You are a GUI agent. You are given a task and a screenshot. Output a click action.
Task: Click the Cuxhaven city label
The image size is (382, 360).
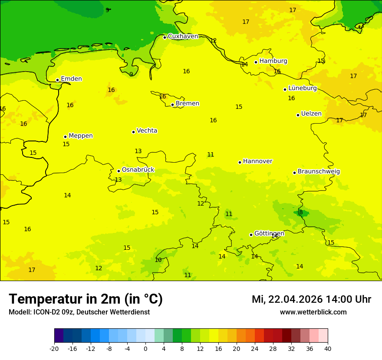[x=183, y=36]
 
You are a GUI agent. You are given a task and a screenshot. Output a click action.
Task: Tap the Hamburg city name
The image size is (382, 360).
[x=273, y=61]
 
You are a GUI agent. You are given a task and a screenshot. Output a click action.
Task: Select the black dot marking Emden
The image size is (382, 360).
[x=57, y=80]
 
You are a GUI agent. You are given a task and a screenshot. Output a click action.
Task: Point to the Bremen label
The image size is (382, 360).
[x=187, y=104]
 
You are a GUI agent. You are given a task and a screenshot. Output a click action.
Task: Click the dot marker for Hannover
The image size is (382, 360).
[x=240, y=162]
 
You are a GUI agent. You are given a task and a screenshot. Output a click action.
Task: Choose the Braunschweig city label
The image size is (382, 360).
[x=319, y=172]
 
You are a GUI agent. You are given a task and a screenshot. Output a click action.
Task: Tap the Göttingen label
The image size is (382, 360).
[x=269, y=233]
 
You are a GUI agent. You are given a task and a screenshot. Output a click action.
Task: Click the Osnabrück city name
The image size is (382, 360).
[x=138, y=170]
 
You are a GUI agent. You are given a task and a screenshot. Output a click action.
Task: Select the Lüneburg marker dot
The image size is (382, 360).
[x=285, y=89]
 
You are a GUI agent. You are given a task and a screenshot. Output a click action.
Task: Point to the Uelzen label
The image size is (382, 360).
[x=311, y=114]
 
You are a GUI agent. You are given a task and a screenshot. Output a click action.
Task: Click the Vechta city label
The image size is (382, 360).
[x=147, y=131]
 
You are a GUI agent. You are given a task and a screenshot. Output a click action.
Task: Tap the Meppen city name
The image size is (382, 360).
[x=80, y=136]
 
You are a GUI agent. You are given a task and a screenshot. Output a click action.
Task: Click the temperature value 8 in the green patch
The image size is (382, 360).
[x=301, y=213]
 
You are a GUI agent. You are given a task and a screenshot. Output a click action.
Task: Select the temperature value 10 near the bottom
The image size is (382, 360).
[x=158, y=260]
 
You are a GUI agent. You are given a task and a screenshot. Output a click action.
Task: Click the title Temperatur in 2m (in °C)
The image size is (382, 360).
[x=86, y=299]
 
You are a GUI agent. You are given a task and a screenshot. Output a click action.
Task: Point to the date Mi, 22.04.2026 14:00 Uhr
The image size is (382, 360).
[x=311, y=299]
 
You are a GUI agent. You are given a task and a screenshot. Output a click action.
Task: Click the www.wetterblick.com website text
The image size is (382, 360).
[x=313, y=312]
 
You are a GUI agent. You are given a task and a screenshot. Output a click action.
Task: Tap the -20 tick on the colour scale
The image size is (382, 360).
[x=54, y=348]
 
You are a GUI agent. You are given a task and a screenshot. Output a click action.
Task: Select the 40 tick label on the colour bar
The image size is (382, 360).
[x=328, y=348]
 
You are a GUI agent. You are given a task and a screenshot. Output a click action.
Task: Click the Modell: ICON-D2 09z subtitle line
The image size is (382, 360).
[x=79, y=312]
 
